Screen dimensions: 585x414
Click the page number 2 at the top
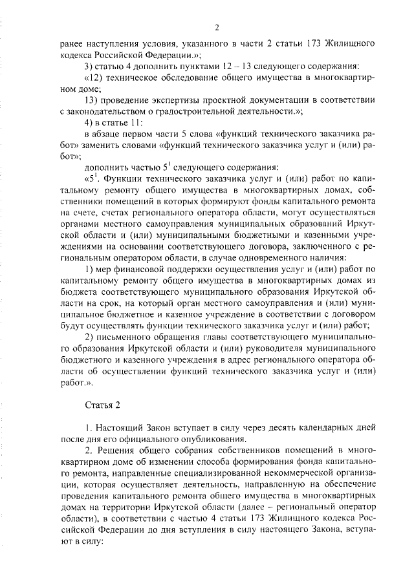point(218,28)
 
